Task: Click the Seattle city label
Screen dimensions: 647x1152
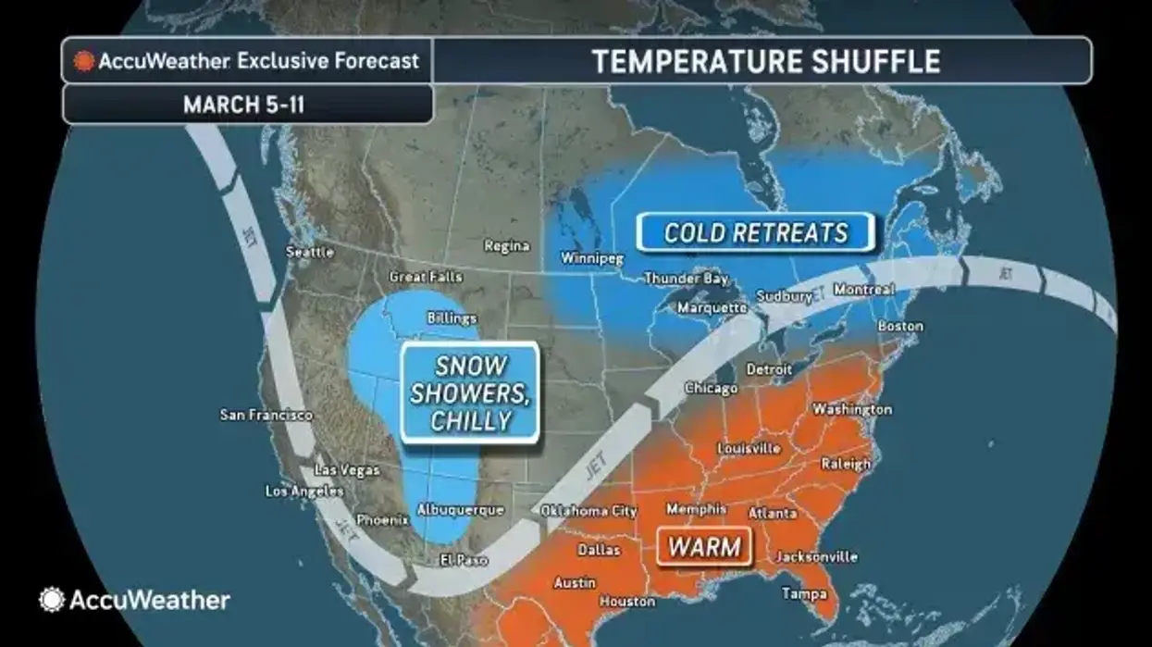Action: tap(310, 252)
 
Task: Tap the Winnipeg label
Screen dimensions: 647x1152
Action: tap(592, 259)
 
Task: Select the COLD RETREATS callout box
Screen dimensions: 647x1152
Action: tap(755, 232)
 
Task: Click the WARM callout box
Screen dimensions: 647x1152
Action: tap(704, 546)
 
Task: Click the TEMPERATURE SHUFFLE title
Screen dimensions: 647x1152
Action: tap(766, 61)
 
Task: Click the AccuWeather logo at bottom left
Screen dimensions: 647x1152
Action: tap(135, 600)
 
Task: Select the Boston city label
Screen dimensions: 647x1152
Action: tap(900, 326)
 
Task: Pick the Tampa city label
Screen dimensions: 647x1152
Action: tap(804, 593)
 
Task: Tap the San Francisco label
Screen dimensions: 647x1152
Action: tap(266, 415)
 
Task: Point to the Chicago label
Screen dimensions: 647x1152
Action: tap(711, 388)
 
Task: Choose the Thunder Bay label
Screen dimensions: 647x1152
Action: tap(686, 278)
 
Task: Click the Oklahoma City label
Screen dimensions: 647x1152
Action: tap(588, 511)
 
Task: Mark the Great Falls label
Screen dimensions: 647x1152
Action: tap(426, 277)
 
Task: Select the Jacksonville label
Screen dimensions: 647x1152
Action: tap(817, 557)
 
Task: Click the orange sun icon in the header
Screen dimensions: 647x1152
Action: tap(84, 62)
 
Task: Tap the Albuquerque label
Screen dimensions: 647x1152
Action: tap(460, 510)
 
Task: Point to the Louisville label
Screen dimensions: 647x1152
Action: tap(749, 449)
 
